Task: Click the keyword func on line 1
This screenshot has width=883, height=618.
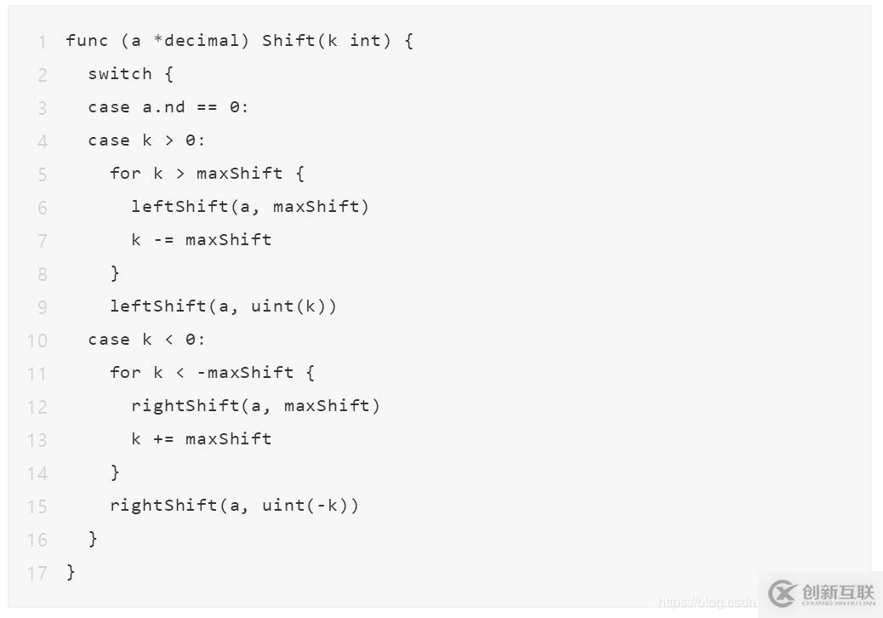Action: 87,41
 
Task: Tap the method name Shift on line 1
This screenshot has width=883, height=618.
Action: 288,41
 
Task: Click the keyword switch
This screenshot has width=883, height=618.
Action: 120,74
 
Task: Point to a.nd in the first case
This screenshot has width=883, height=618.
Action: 163,107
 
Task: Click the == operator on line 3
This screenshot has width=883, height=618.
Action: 207,107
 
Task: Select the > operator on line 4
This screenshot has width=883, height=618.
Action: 169,140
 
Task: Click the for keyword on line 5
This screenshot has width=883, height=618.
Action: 125,173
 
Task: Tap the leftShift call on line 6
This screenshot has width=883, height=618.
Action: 179,206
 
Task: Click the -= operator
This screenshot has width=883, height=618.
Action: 163,239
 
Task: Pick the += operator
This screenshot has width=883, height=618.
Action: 163,439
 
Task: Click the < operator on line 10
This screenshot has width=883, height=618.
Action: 169,339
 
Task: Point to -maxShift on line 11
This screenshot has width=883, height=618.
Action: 245,372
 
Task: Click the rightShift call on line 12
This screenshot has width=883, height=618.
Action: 185,405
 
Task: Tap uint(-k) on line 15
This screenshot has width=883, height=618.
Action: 305,506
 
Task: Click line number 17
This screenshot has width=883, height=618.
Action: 37,573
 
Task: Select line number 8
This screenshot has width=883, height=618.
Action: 43,274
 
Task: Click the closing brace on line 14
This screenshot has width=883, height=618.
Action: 115,472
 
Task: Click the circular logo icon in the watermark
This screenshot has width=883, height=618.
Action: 783,593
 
